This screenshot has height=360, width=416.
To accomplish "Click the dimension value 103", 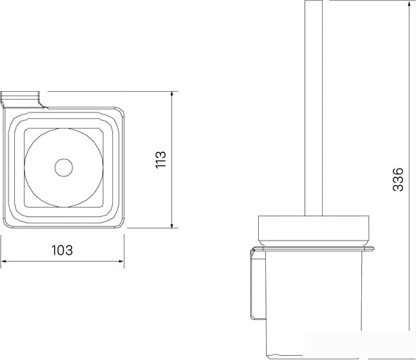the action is point(62,250).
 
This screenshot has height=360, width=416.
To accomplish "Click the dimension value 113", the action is point(161,159).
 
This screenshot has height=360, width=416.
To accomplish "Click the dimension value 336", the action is point(398,179).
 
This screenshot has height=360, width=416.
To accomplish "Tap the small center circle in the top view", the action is point(64,167).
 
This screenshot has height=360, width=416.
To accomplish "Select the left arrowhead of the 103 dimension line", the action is point(4,262).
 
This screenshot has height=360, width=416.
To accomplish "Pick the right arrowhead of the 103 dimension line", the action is point(121,262).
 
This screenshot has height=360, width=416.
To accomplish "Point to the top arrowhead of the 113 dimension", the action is point(172,95).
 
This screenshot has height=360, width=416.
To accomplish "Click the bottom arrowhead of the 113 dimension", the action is point(172,225).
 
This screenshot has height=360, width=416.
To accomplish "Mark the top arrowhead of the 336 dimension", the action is point(409,3).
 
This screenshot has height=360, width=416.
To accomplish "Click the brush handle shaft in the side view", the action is point(314,107).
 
